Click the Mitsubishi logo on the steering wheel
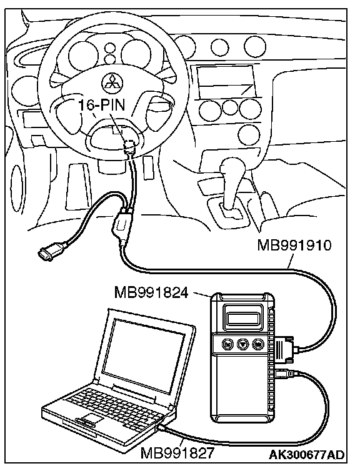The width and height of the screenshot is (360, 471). [x=110, y=82]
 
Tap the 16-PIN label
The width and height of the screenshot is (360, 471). [x=101, y=105]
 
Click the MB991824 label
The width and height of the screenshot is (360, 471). [x=151, y=292]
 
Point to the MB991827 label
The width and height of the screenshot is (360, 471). [x=177, y=452]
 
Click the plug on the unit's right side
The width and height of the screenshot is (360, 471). [x=284, y=348]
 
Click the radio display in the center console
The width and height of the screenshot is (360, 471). [x=226, y=81]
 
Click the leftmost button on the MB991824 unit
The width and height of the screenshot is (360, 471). [x=227, y=344]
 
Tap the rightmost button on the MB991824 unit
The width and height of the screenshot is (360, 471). [x=257, y=344]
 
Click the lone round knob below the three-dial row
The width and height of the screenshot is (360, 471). [x=251, y=133]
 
